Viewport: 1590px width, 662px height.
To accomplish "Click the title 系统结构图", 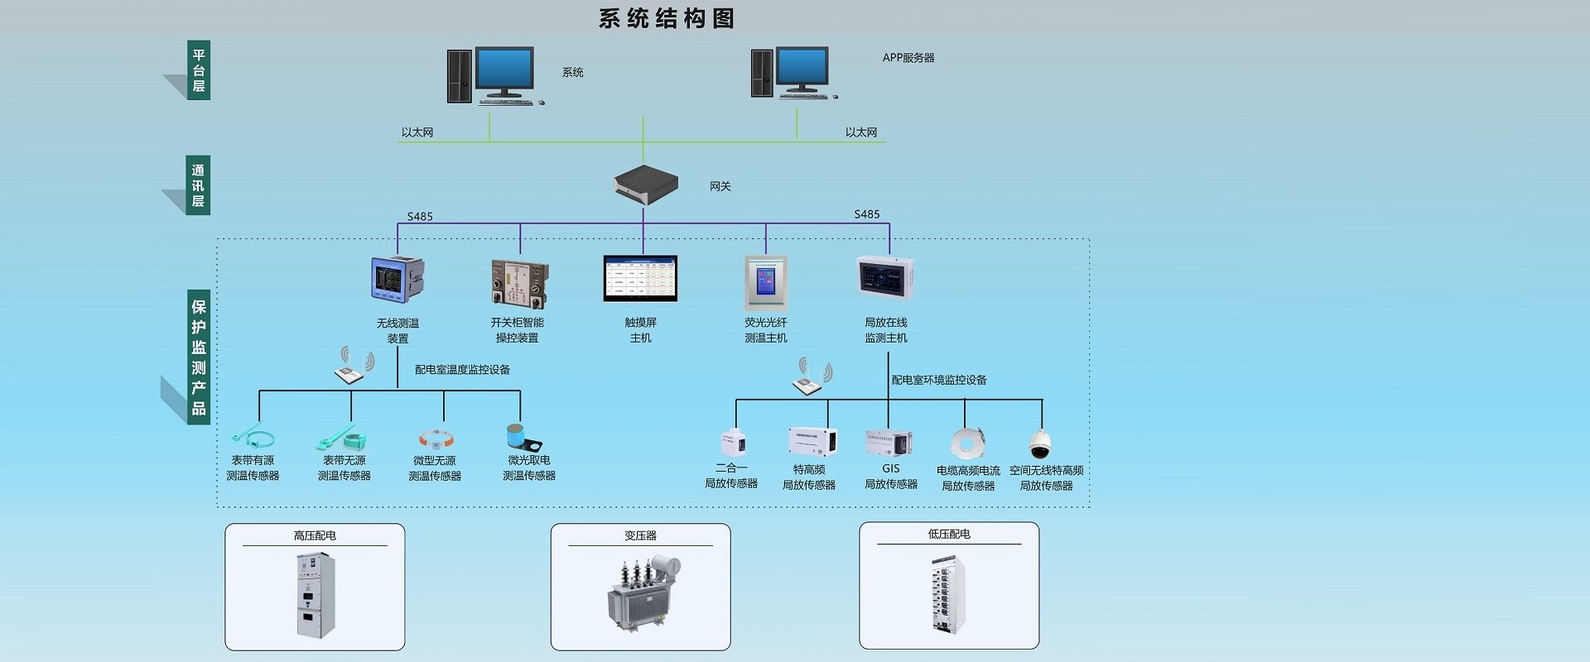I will (x=666, y=18).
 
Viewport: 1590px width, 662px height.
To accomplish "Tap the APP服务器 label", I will (x=908, y=58).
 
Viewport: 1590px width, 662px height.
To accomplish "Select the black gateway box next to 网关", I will (x=645, y=184).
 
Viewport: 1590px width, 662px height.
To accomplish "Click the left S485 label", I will (x=419, y=217).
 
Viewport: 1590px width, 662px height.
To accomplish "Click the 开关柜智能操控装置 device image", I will (x=519, y=283).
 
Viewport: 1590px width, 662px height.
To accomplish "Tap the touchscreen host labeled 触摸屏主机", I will (x=640, y=279).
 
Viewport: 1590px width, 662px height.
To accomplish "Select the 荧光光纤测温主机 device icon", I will (x=765, y=283).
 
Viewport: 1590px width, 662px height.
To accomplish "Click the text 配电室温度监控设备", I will (x=462, y=370).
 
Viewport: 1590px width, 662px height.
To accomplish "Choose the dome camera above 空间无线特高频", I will (x=1041, y=444).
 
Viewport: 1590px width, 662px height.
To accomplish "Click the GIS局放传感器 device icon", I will (x=888, y=443).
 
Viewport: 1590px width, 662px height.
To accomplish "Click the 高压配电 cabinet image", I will (x=316, y=595).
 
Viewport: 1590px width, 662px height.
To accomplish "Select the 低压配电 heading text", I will (x=948, y=535).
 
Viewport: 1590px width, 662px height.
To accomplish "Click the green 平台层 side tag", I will (x=199, y=70).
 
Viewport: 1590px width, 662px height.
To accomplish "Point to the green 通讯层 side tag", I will (x=199, y=185).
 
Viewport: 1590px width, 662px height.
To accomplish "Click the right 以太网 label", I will (x=860, y=132).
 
